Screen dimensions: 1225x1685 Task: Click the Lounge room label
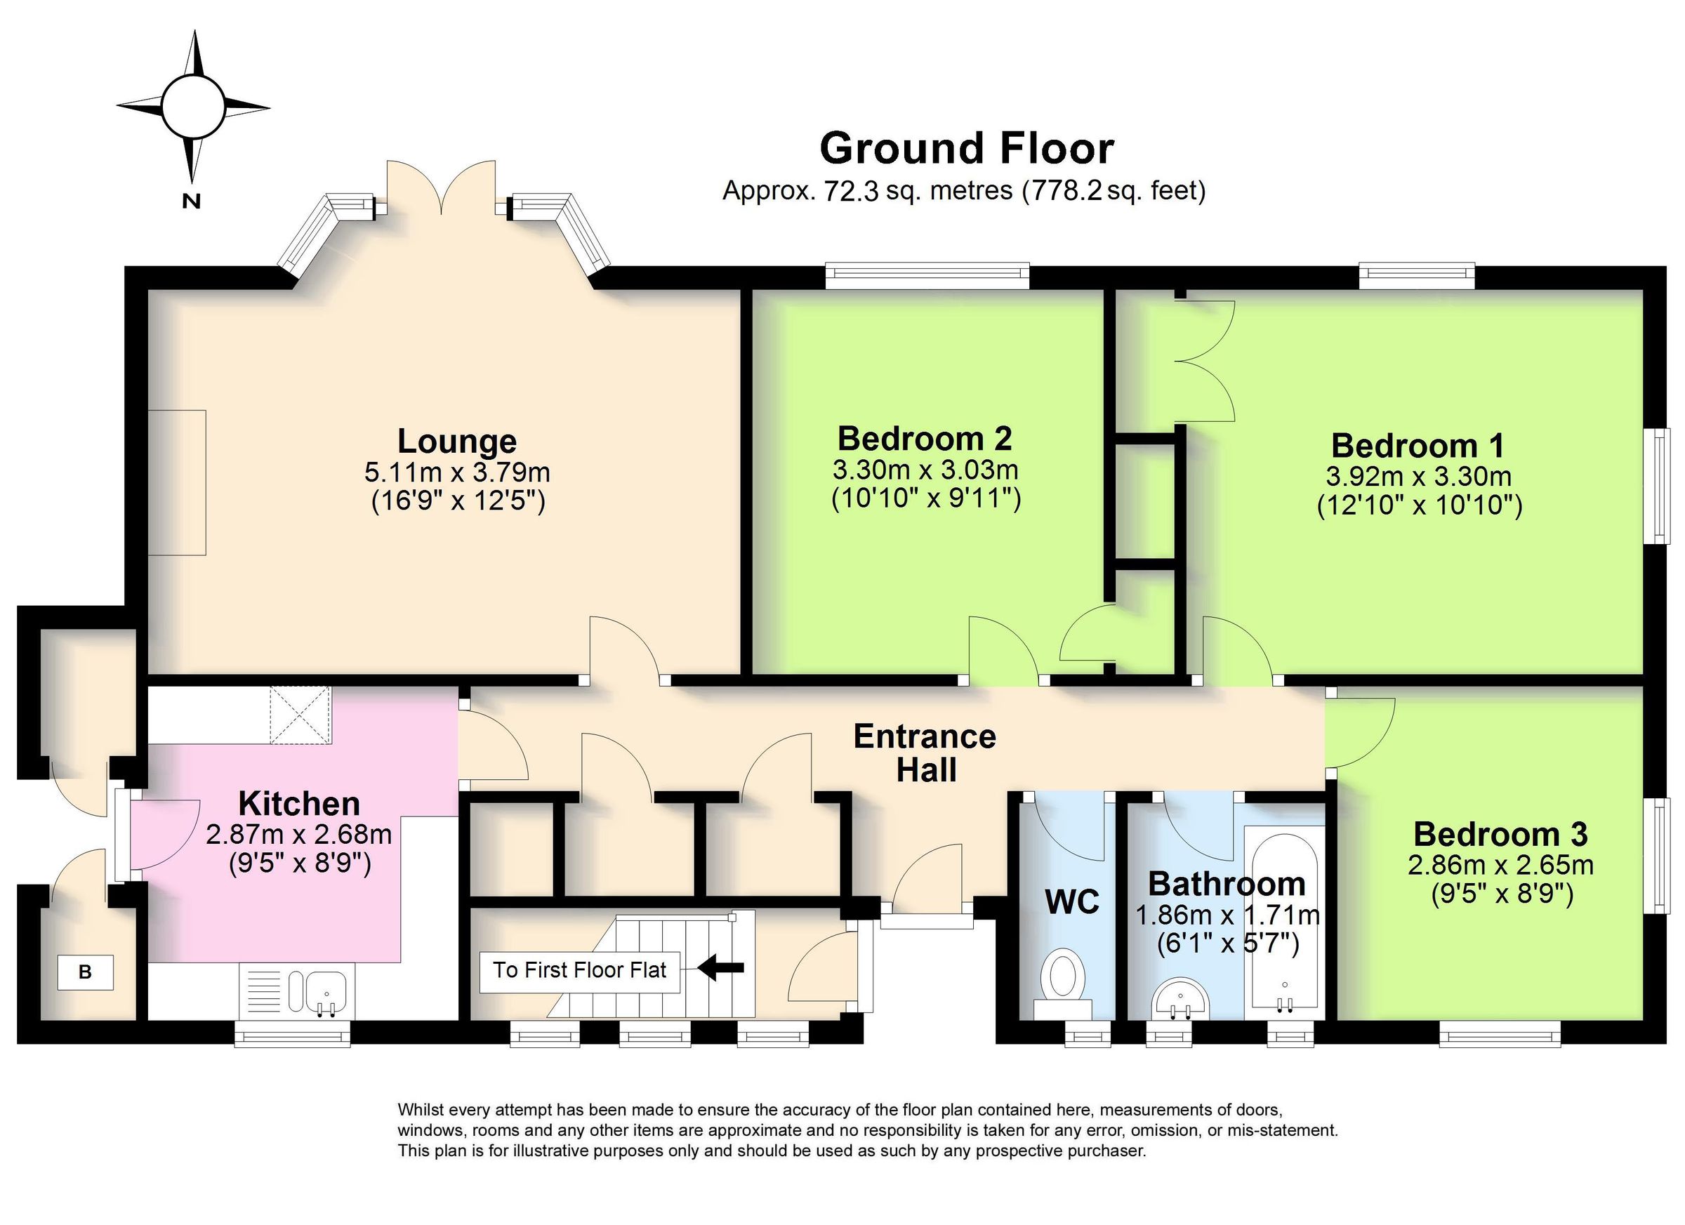click(456, 442)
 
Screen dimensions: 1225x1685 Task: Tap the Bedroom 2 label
click(924, 439)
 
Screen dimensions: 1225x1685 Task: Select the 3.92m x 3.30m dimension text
click(1418, 476)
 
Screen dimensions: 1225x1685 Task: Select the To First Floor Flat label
click(579, 970)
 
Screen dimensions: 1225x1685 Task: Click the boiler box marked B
click(86, 972)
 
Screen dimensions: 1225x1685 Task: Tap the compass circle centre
click(192, 106)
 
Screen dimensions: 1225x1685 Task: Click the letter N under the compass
click(192, 201)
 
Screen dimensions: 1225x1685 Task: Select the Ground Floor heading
click(967, 148)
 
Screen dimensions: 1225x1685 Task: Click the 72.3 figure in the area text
click(851, 192)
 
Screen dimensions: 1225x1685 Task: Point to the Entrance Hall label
click(925, 753)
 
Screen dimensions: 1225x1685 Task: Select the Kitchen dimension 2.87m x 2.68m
click(298, 835)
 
